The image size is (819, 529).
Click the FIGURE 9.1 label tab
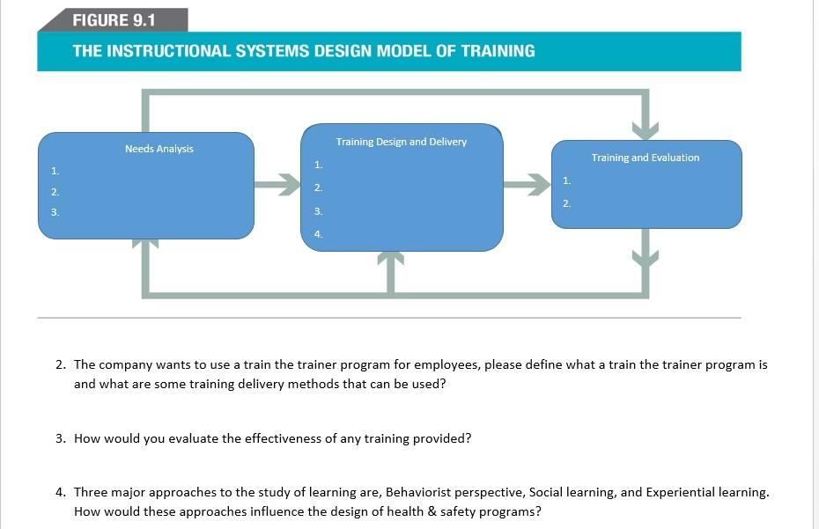pos(114,19)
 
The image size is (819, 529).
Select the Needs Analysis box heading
pos(159,149)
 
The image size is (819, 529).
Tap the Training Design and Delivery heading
pos(401,142)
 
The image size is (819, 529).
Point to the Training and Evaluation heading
pos(646,158)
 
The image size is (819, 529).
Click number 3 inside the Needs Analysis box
pos(55,212)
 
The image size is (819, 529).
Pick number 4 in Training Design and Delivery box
pos(318,234)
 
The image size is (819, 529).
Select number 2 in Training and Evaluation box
pos(566,203)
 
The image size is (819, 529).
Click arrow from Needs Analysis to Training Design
pos(278,185)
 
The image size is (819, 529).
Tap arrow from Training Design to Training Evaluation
pos(528,185)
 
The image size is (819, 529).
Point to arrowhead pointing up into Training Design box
pos(390,259)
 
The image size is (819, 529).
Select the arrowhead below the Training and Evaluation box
pos(646,258)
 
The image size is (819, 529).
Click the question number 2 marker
pos(61,364)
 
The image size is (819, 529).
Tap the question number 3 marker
pos(61,438)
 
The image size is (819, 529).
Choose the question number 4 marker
pos(61,492)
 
